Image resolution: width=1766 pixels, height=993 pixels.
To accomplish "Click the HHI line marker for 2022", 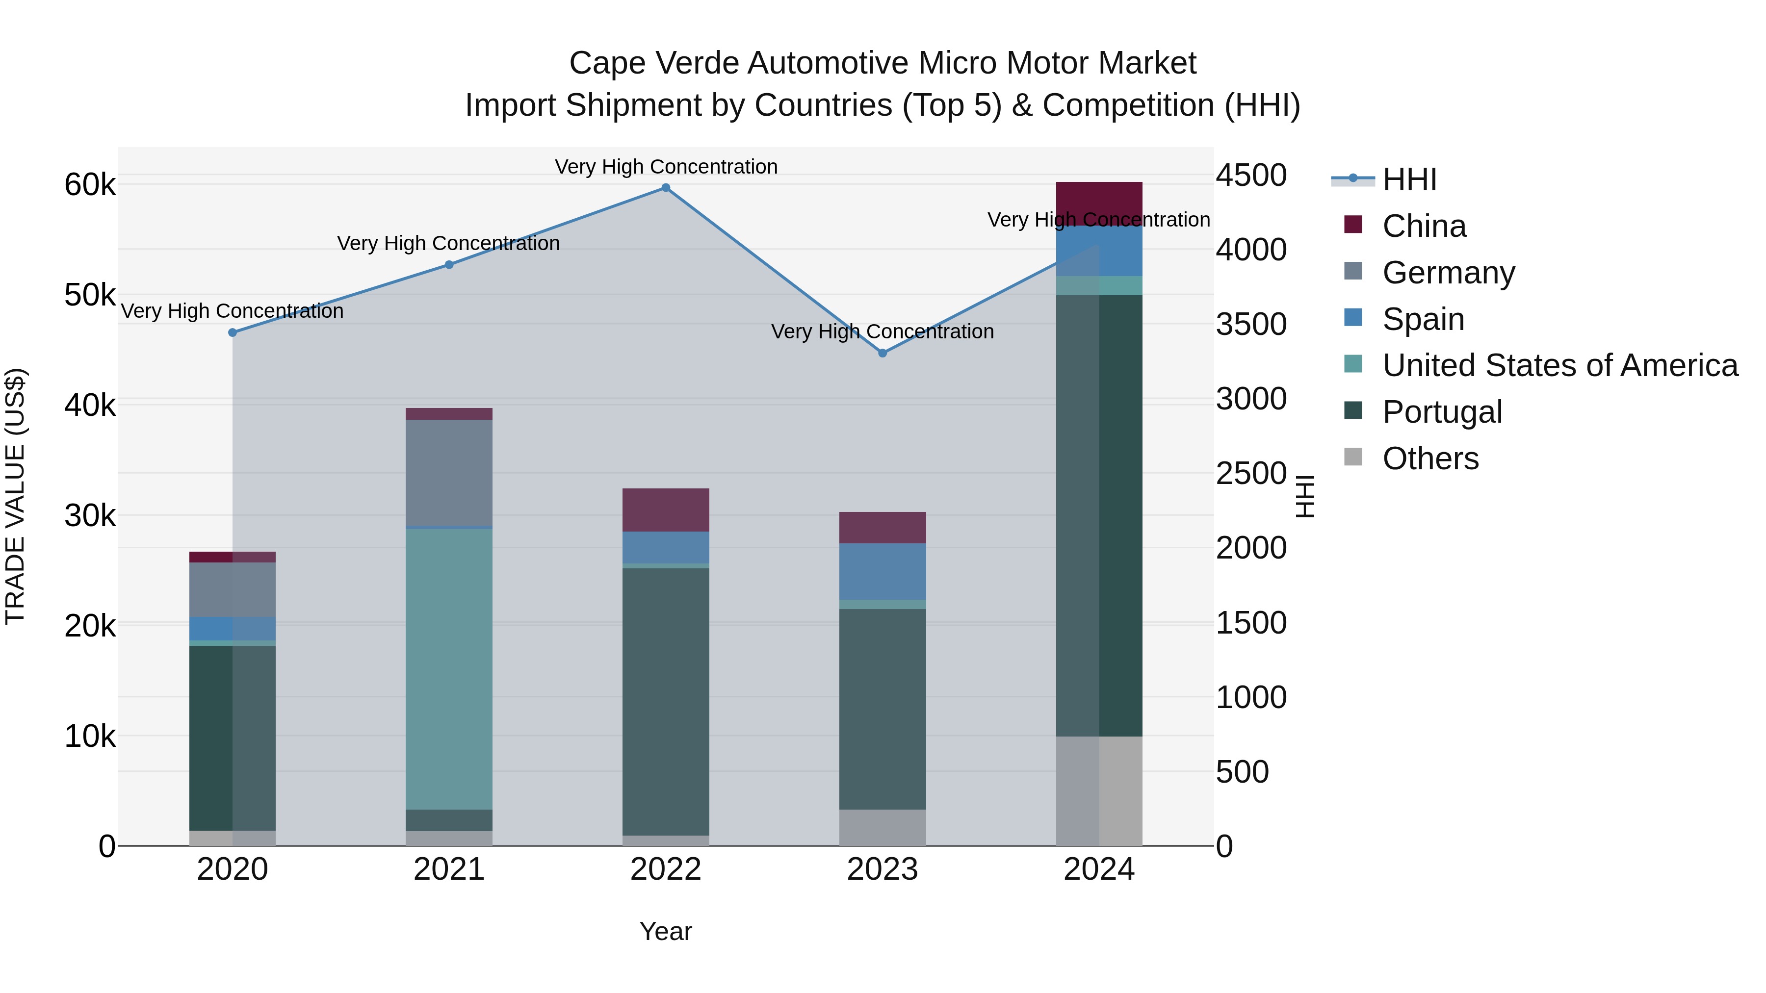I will click(x=666, y=188).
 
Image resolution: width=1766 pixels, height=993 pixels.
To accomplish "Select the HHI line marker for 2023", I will click(x=883, y=353).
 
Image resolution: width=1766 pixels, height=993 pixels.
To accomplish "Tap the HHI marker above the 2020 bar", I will click(x=233, y=332).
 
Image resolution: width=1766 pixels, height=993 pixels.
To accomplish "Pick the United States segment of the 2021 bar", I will click(x=449, y=668).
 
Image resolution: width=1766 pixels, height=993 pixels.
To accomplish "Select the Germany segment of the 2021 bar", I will click(x=449, y=473).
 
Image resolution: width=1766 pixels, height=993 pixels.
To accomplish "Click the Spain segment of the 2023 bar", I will click(x=883, y=572).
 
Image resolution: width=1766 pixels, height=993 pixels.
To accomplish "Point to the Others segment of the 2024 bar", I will click(x=1099, y=791).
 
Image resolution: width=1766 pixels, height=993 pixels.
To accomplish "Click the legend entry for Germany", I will click(x=1448, y=273).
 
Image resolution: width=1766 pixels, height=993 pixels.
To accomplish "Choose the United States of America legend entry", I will click(x=1559, y=365).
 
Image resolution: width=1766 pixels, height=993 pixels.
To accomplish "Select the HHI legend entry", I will click(x=1409, y=179).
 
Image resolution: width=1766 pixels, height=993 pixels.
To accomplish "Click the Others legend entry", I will click(x=1430, y=458).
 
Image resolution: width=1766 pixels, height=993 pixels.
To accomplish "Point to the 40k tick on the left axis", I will click(x=90, y=405).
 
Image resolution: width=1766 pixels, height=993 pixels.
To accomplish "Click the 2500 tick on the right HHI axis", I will click(x=1251, y=474).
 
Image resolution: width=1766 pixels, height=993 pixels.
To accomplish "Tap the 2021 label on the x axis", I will click(x=449, y=869).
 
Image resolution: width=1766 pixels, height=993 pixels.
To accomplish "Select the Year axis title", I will click(x=666, y=931).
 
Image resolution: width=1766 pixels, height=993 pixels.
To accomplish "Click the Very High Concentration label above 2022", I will click(x=666, y=167).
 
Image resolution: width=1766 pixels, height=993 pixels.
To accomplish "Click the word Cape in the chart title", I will click(x=607, y=63).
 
